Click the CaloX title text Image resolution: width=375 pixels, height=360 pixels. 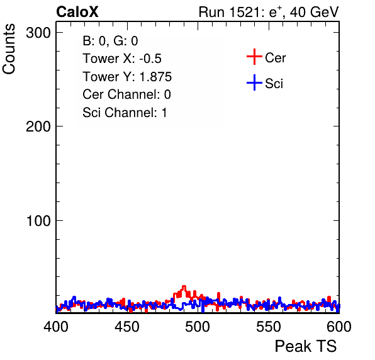pos(77,12)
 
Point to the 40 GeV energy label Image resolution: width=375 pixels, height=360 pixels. pos(314,12)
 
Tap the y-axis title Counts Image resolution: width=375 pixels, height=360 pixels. pos(9,49)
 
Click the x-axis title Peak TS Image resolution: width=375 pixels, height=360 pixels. pos(306,346)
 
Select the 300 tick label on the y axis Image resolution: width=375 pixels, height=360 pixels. pos(38,33)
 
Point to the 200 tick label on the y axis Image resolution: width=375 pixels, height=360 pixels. pos(38,127)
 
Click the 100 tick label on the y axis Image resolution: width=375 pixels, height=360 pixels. pos(38,221)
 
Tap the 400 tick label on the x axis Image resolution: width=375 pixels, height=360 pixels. pos(56,326)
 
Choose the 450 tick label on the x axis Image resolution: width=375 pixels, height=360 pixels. pos(126,326)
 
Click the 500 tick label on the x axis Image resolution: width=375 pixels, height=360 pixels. pos(198,326)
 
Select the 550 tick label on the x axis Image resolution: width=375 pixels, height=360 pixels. pos(268,326)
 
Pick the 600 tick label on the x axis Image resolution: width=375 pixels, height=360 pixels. pos(339,326)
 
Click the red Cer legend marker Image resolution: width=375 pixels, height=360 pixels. pos(254,57)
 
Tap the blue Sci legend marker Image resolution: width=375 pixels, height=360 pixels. pos(254,83)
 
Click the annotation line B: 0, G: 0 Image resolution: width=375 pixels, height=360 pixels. pos(110,41)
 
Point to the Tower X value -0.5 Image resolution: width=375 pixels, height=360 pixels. pos(150,59)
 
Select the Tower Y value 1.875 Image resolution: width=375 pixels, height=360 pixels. pos(155,77)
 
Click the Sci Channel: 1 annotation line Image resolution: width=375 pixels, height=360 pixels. pos(125,113)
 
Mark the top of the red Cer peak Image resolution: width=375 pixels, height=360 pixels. pos(184,286)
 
